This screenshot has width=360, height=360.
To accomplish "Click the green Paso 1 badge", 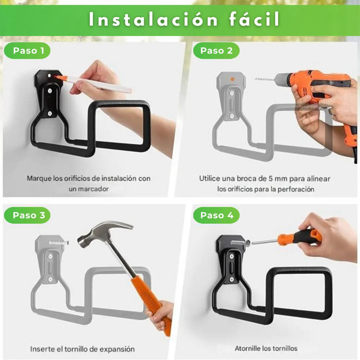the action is coord(27,51).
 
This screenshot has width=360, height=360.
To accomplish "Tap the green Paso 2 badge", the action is coord(216,51).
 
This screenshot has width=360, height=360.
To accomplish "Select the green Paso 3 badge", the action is coord(27,215).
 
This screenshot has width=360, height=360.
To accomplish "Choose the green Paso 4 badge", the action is coord(216,215).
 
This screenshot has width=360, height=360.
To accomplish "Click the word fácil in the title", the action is coord(254,19).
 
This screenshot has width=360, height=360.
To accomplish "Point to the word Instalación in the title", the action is coord(153,19).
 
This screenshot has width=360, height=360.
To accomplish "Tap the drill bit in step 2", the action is coord(264,79).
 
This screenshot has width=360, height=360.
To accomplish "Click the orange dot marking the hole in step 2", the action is coord(232,79).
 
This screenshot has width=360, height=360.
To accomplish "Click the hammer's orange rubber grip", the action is coord(152,305).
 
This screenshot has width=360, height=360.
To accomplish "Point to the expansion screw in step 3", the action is coord(59,242).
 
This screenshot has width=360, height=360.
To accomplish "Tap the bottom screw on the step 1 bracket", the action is coord(50,113).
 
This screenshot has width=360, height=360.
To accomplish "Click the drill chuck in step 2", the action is coord(283,79).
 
